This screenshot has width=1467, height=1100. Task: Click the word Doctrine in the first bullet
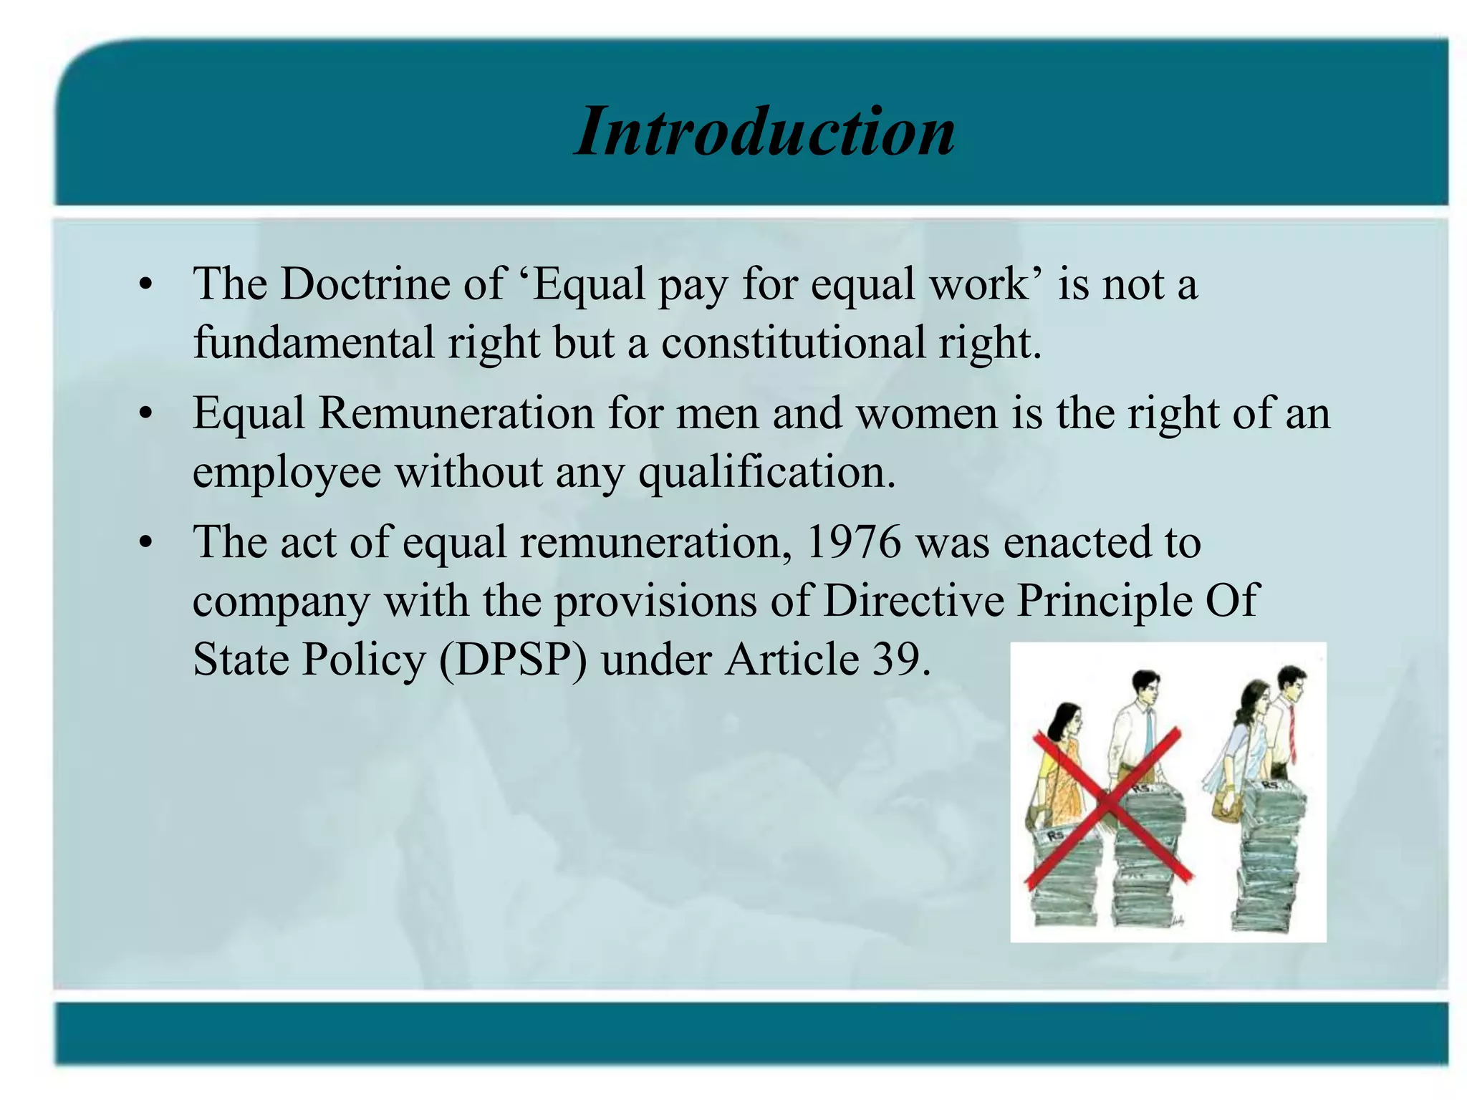[x=364, y=284]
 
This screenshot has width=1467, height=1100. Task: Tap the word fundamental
[x=313, y=342]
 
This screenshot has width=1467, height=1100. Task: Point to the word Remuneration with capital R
[x=456, y=414]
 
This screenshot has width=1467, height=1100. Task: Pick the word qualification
[x=766, y=473]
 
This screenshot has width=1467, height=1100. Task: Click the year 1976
[x=852, y=542]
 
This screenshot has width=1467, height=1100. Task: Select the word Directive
[x=913, y=600]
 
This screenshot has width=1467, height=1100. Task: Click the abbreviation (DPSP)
[x=513, y=659]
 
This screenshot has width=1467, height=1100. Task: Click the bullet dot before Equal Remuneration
[x=146, y=415]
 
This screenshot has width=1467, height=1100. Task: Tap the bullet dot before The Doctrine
[x=146, y=285]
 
